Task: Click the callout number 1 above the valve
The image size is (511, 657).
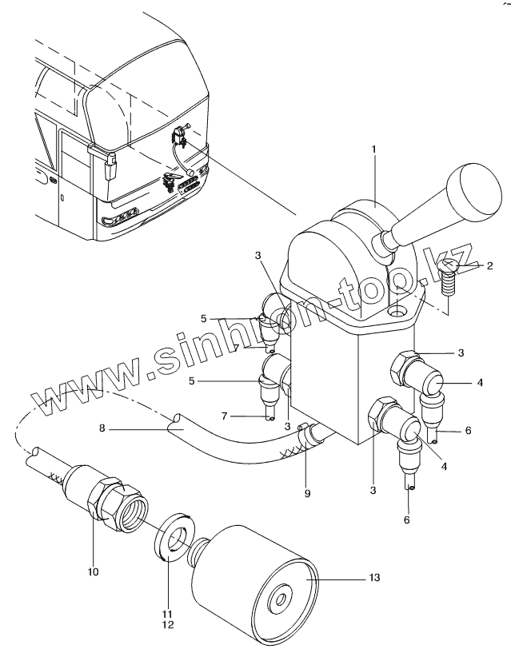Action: pos(374,149)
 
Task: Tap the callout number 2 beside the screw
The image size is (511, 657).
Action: pos(489,265)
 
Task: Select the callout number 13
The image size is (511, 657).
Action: pos(374,577)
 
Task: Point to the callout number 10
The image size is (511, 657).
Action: pos(93,571)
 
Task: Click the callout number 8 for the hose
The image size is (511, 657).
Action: pos(102,428)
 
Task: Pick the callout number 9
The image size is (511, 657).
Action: pos(307,494)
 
